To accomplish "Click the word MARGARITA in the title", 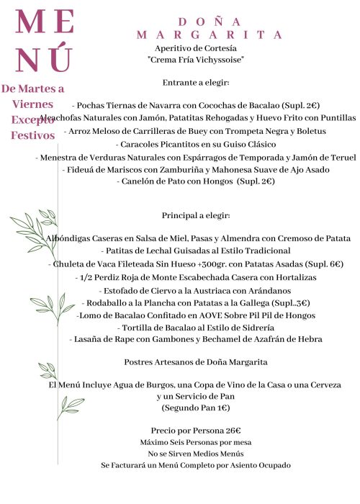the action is point(210,34).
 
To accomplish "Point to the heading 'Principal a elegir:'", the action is point(196,215).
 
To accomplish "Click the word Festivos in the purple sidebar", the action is point(33,135).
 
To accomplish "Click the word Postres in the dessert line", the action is point(141,361).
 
